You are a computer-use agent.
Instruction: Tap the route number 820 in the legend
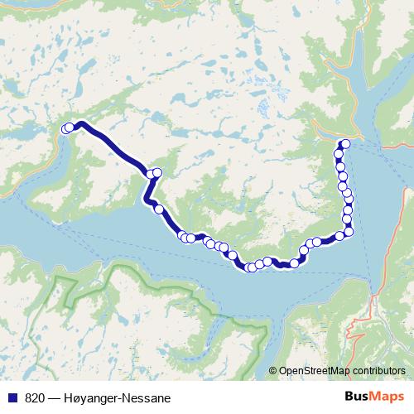pos(35,398)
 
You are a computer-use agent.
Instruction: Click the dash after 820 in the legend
pos(54,398)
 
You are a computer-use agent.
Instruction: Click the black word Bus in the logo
pos(357,397)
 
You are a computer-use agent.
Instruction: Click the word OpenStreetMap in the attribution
pos(315,371)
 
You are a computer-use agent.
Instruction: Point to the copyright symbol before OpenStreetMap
pos(273,371)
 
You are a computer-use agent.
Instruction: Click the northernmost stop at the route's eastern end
pos(345,144)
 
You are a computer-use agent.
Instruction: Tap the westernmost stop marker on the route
pos(66,128)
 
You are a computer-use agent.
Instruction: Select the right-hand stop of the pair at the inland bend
pos(156,172)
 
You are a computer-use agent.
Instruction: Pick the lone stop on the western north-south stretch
pos(158,209)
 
